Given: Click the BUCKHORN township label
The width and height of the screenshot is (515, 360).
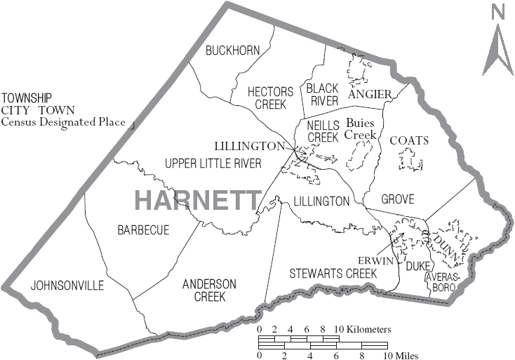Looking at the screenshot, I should click(232, 50).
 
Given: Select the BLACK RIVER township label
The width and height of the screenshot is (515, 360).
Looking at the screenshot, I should click(322, 94).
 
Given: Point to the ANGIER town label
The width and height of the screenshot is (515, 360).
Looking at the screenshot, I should click(370, 94).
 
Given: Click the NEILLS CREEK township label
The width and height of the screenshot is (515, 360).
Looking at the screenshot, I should click(323, 131).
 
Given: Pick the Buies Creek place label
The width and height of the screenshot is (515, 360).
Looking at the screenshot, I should click(361, 128).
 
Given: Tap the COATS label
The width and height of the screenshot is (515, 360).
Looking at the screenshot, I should click(408, 140).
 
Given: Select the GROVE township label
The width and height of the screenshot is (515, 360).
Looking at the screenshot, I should click(398, 199).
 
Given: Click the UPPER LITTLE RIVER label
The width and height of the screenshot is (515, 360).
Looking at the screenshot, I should click(213, 164).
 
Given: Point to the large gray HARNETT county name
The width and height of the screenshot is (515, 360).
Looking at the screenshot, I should click(197, 200).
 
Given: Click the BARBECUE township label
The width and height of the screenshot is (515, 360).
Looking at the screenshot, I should click(143, 230).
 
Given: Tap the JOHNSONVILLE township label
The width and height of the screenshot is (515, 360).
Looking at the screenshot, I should click(67, 286).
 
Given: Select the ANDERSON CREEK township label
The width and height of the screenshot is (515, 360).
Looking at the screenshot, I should click(209, 290).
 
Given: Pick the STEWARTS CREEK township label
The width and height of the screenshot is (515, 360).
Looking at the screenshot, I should click(333, 273).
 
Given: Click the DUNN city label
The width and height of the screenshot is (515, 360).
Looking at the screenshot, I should click(449, 249).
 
